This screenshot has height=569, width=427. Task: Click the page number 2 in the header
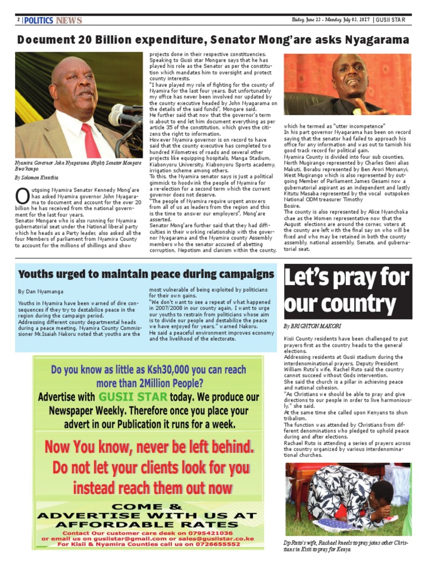(x=18, y=21)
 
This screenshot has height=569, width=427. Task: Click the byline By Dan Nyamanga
(x=40, y=291)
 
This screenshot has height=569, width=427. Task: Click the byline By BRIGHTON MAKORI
(x=312, y=326)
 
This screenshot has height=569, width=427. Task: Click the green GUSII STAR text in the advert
(x=132, y=397)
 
